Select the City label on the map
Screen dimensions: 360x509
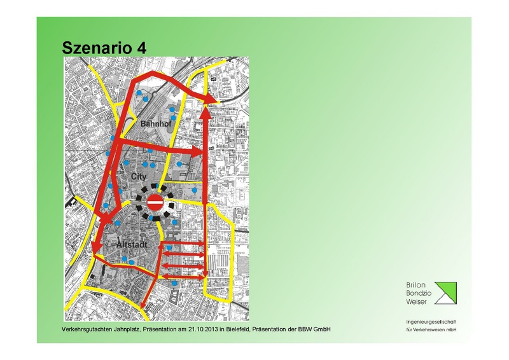(x=138, y=176)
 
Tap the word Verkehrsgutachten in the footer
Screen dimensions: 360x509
(x=84, y=329)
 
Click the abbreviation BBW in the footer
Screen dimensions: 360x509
(x=307, y=329)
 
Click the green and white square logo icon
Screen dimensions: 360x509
(x=445, y=292)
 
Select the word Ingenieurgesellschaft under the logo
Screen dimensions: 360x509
(x=431, y=322)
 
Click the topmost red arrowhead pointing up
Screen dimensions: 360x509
(x=206, y=113)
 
